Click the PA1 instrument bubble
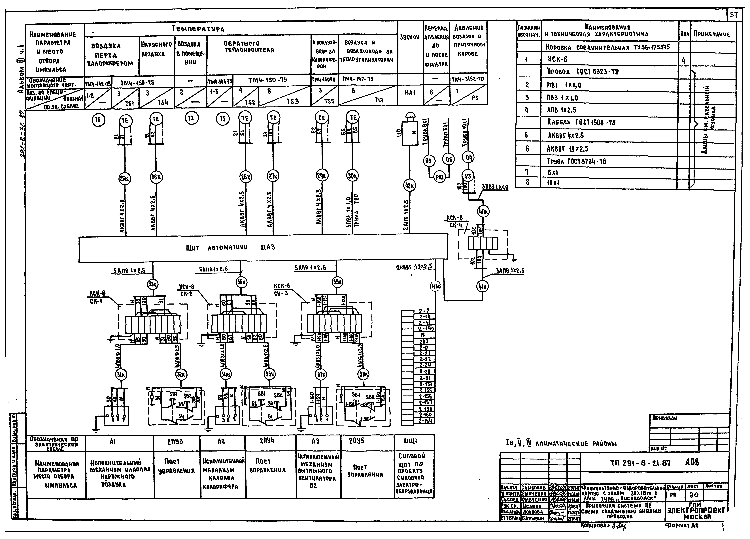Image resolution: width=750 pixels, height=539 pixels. (439, 177)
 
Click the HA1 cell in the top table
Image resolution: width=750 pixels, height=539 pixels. (410, 93)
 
